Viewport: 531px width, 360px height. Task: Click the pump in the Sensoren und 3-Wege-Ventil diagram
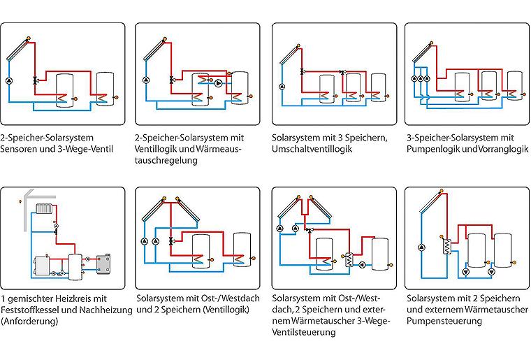9,81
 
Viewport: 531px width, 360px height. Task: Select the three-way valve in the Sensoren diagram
35,80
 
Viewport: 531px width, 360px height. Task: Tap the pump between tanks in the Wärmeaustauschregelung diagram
219,83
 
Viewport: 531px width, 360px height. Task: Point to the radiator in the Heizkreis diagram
43,208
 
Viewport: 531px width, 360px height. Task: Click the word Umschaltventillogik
312,149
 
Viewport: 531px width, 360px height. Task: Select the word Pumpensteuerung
444,321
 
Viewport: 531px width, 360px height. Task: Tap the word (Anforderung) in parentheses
29,321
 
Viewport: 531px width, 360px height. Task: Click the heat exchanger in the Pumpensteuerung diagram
447,246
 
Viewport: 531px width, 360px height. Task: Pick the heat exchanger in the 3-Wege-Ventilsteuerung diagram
349,261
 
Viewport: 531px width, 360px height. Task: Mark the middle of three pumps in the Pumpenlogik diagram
421,79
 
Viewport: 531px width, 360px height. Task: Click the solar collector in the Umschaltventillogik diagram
289,55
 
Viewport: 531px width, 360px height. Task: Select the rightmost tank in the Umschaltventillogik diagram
378,87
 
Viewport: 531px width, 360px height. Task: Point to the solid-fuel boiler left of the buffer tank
42,266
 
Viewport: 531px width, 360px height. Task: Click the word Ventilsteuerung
304,332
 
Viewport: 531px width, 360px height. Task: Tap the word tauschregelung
166,160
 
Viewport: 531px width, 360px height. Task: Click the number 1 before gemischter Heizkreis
3,298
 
